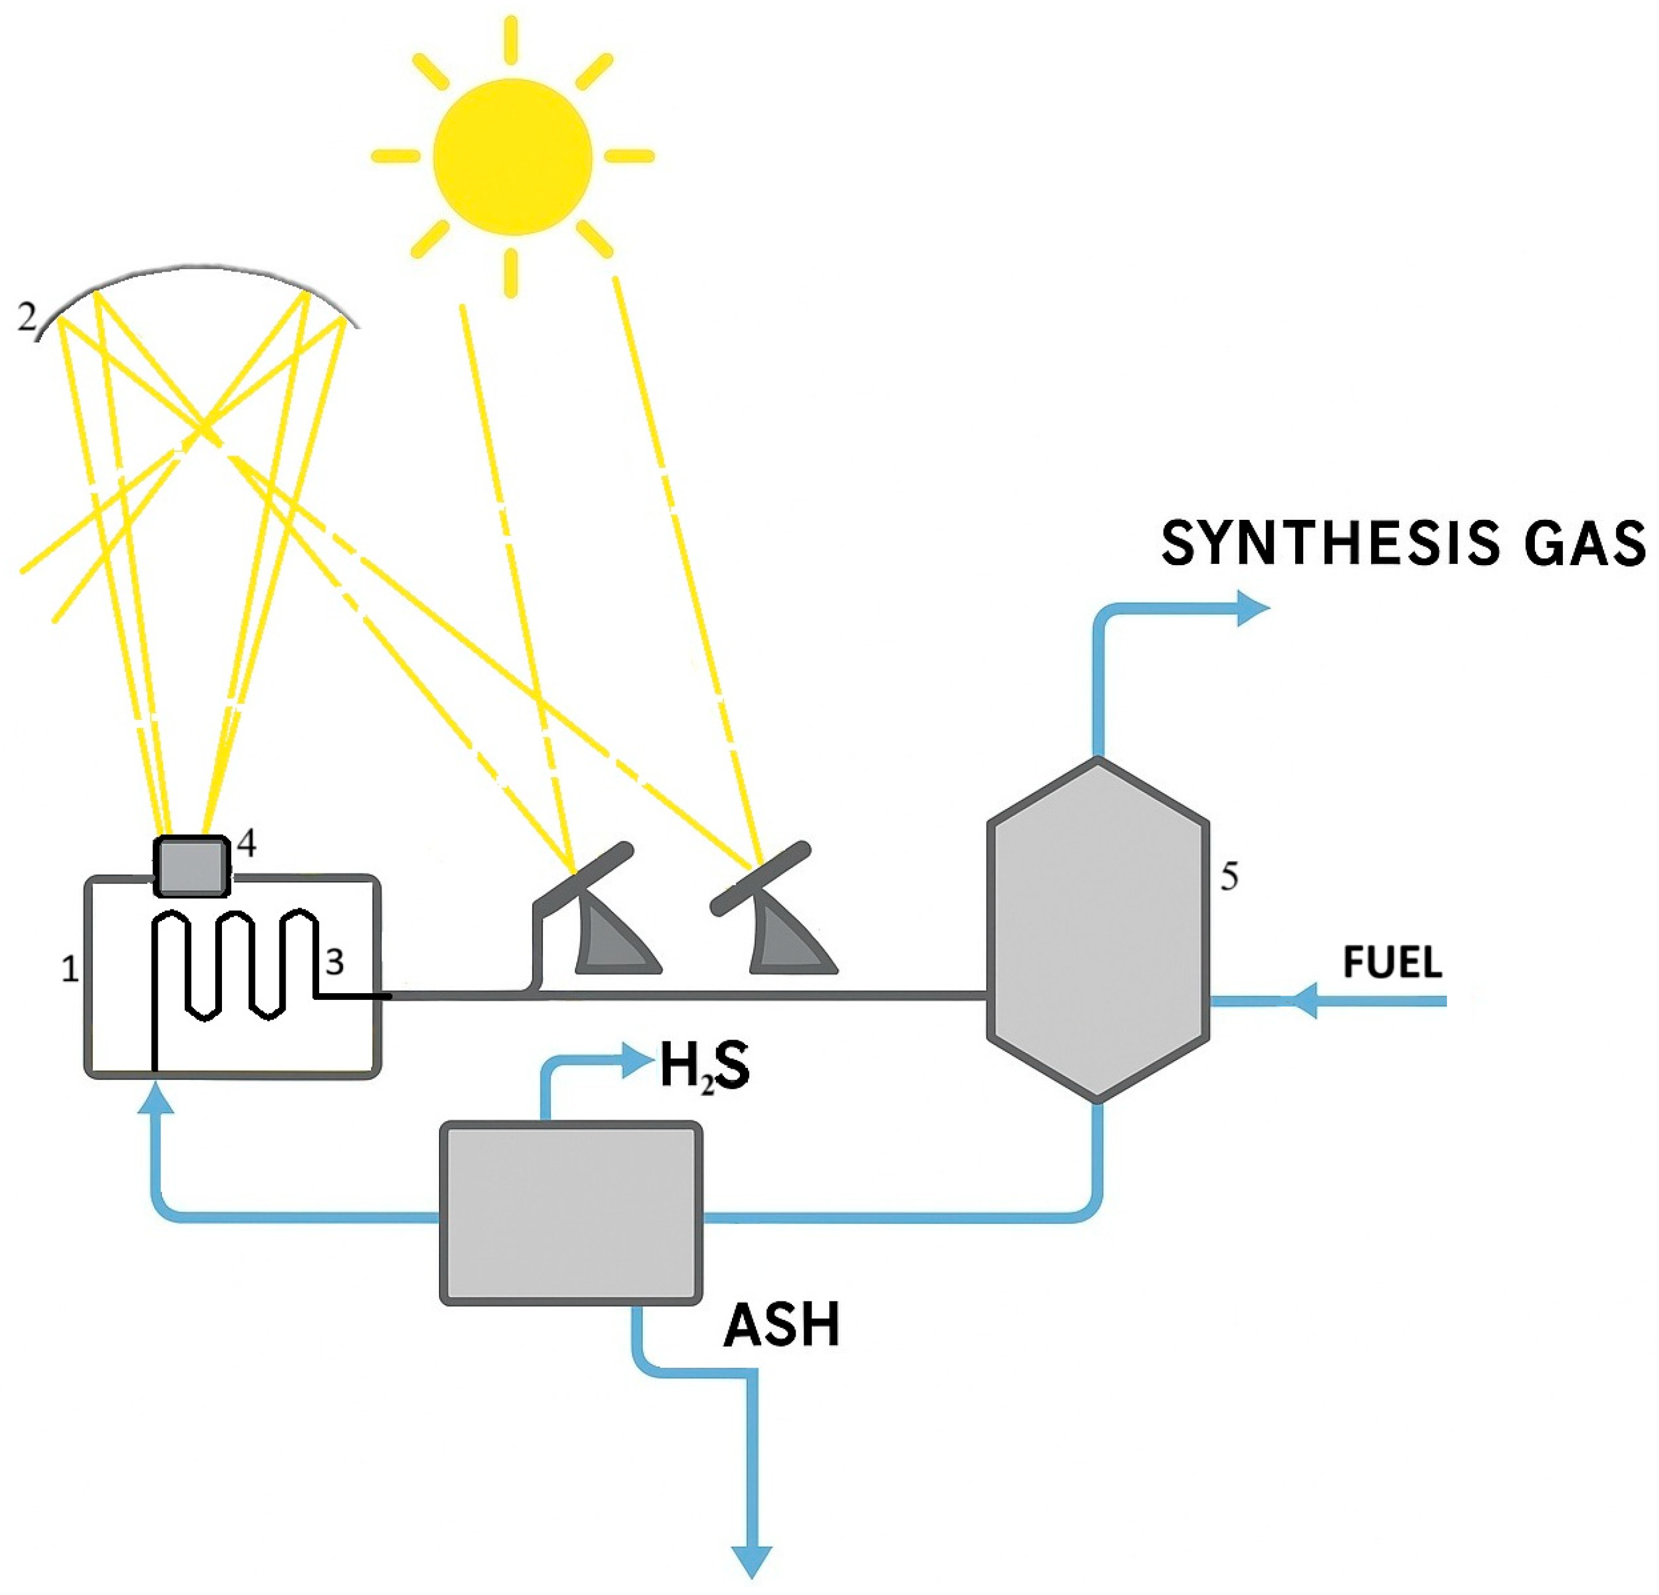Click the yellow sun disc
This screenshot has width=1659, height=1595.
click(x=512, y=157)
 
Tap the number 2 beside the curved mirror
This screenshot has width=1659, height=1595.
click(x=27, y=318)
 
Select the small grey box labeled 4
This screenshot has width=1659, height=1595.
click(x=191, y=866)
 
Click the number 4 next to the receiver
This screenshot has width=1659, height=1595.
click(x=246, y=843)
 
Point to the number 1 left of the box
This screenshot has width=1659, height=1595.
click(x=70, y=969)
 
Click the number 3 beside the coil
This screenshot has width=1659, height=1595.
click(x=335, y=963)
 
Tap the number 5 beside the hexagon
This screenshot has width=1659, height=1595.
click(x=1229, y=877)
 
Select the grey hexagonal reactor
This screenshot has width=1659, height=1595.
click(x=1097, y=930)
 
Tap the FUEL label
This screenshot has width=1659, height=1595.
click(x=1392, y=963)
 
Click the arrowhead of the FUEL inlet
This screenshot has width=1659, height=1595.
click(x=1304, y=1001)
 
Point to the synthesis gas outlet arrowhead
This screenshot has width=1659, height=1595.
click(x=1253, y=608)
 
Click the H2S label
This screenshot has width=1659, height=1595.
click(x=704, y=1068)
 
